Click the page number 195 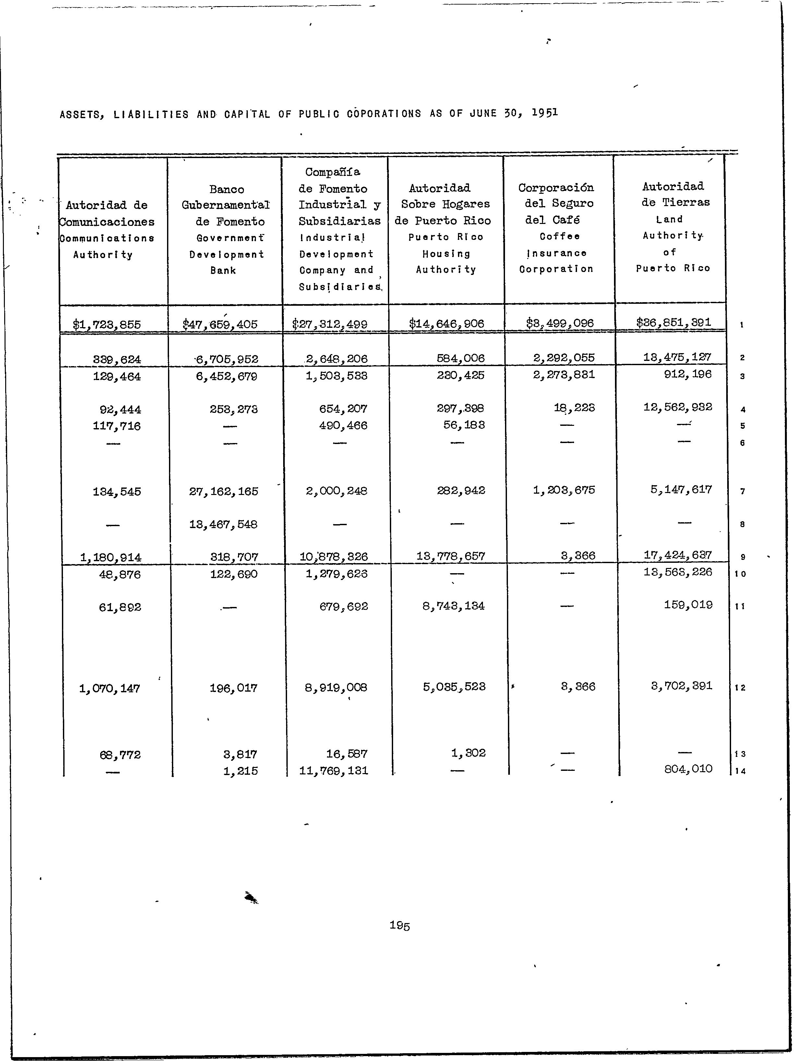(399, 925)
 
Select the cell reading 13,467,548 (223, 524)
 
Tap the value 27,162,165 (223, 491)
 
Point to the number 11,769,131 (334, 771)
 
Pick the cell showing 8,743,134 (453, 606)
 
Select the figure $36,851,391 (674, 322)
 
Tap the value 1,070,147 (110, 688)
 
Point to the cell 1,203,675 (564, 490)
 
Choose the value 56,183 (464, 425)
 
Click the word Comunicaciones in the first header (107, 222)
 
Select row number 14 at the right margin (740, 771)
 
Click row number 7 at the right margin (742, 491)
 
